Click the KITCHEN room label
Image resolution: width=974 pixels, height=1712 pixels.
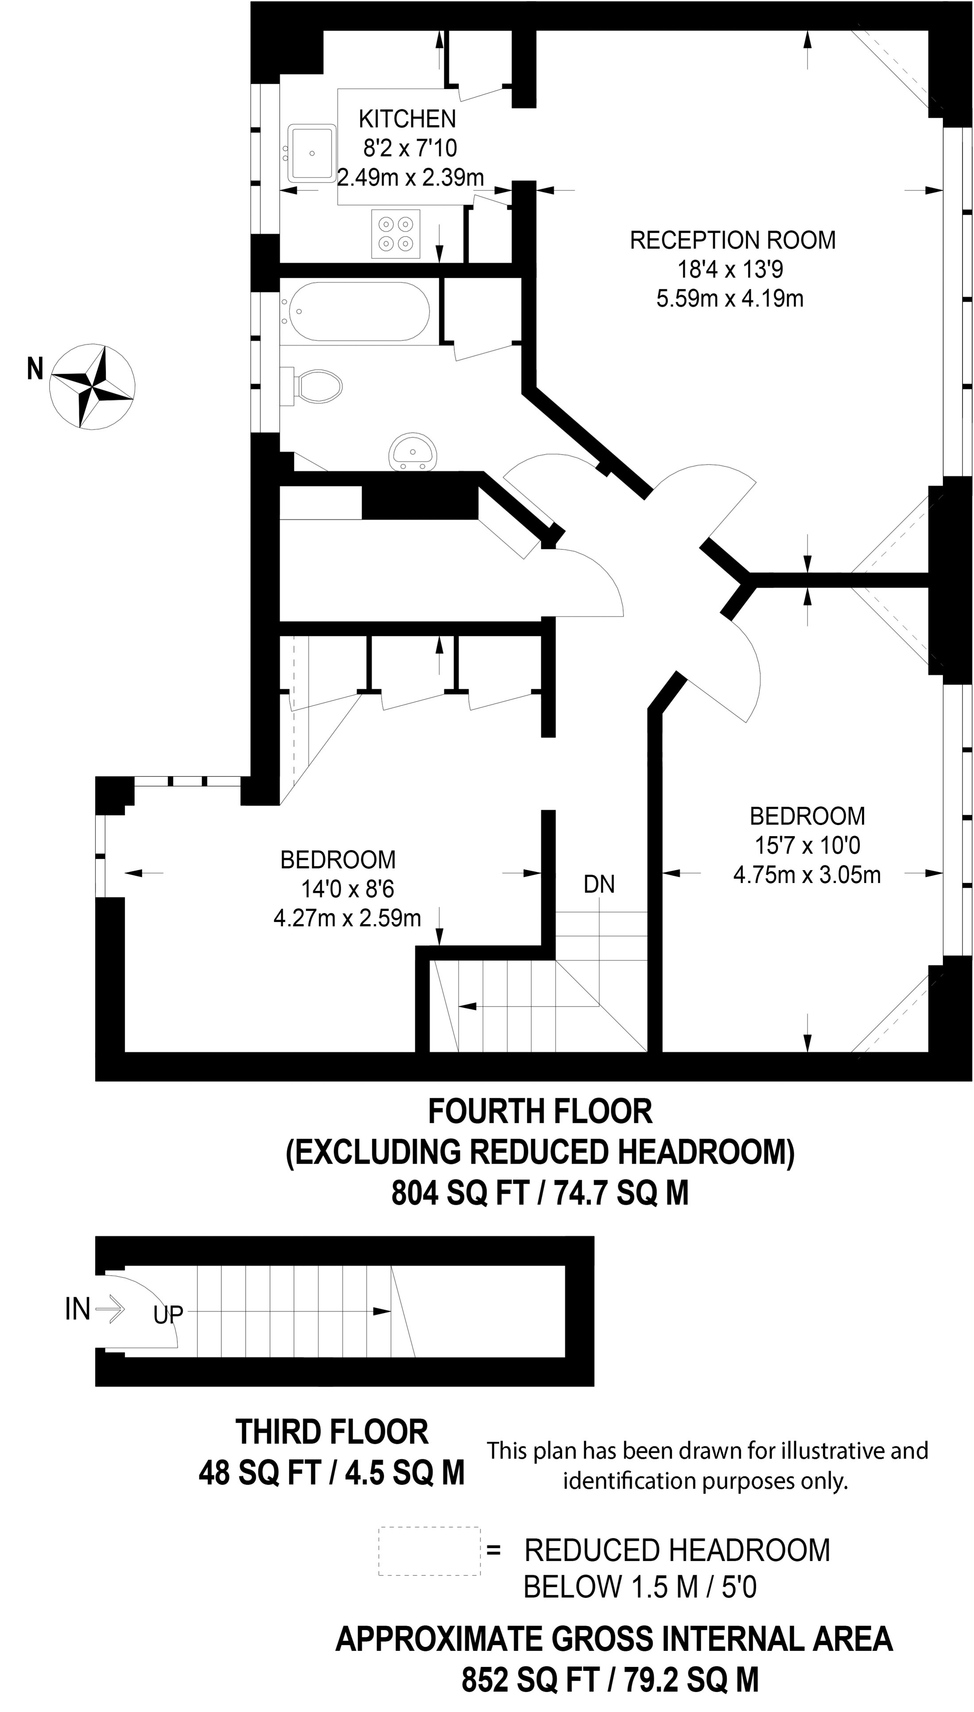(x=407, y=119)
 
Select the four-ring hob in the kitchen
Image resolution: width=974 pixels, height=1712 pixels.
(x=396, y=233)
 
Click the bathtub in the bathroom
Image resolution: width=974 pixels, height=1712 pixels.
(x=355, y=312)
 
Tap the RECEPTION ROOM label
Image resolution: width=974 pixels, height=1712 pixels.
(x=733, y=240)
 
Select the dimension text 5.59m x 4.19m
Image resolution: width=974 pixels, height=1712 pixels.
(x=729, y=298)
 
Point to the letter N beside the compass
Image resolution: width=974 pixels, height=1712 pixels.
(x=35, y=369)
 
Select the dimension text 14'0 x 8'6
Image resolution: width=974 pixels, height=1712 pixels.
(x=347, y=889)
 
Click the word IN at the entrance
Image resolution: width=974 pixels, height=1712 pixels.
(x=77, y=1309)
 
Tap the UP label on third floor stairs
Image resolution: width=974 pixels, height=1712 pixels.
(x=168, y=1315)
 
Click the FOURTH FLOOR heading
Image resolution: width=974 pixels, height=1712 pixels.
(x=540, y=1112)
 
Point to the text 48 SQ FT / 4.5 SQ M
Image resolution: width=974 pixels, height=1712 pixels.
(x=331, y=1473)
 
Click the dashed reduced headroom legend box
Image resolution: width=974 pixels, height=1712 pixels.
(x=429, y=1551)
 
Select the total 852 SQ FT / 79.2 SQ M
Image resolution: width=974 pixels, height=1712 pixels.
(x=610, y=1679)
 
